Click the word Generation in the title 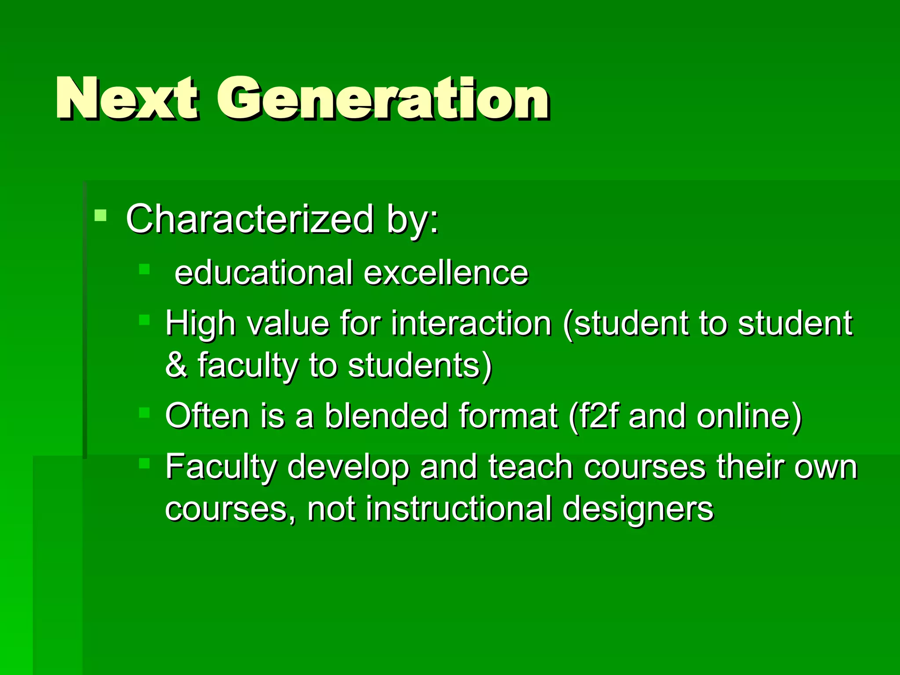point(382,98)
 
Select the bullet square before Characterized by point(100,215)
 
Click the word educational point(264,273)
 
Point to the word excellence point(446,273)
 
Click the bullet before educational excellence point(144,269)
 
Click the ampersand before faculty point(176,365)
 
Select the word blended point(386,416)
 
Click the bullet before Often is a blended point(144,413)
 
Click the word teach point(530,466)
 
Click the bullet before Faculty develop point(144,463)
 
